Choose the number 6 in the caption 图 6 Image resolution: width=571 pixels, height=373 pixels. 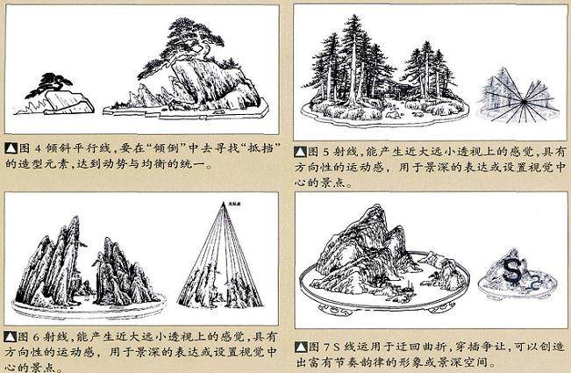[34, 336]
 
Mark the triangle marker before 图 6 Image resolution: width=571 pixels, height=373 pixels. [9, 336]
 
